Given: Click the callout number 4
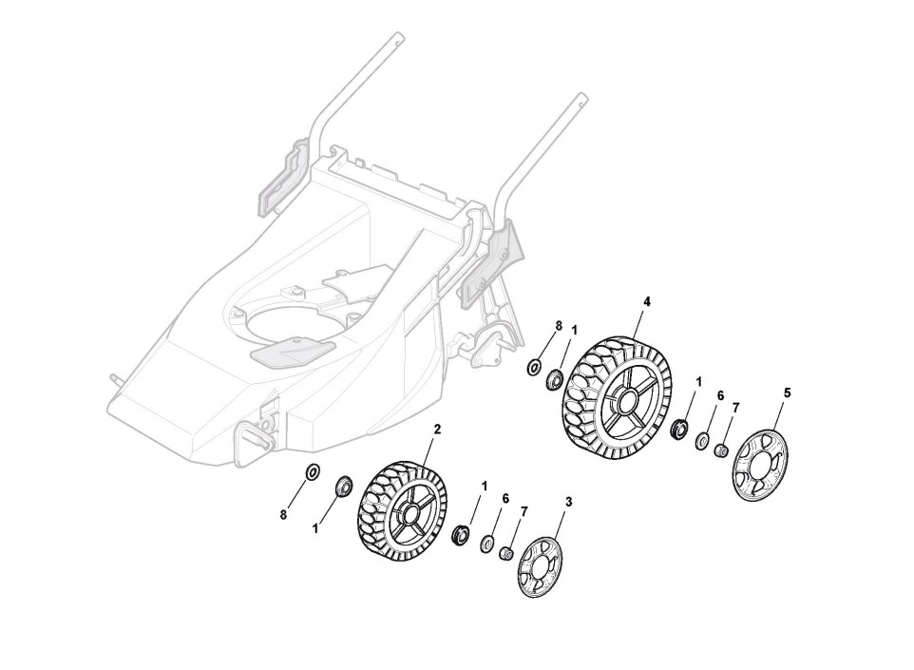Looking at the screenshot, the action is [x=647, y=301].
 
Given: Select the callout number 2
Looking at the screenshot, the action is [x=437, y=430].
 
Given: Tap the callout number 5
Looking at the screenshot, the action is [x=787, y=392].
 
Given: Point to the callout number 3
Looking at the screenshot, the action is [x=568, y=500].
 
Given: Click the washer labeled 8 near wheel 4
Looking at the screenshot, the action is [x=535, y=368].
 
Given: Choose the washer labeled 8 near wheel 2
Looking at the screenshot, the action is [x=311, y=471].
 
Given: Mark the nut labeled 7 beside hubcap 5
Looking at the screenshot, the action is [x=721, y=448].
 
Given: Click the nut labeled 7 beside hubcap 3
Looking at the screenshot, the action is [x=507, y=551].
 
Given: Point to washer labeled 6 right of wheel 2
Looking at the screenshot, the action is [x=486, y=543].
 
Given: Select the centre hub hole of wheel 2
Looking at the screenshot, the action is [x=410, y=516].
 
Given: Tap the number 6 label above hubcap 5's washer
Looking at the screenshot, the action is [x=720, y=394].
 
